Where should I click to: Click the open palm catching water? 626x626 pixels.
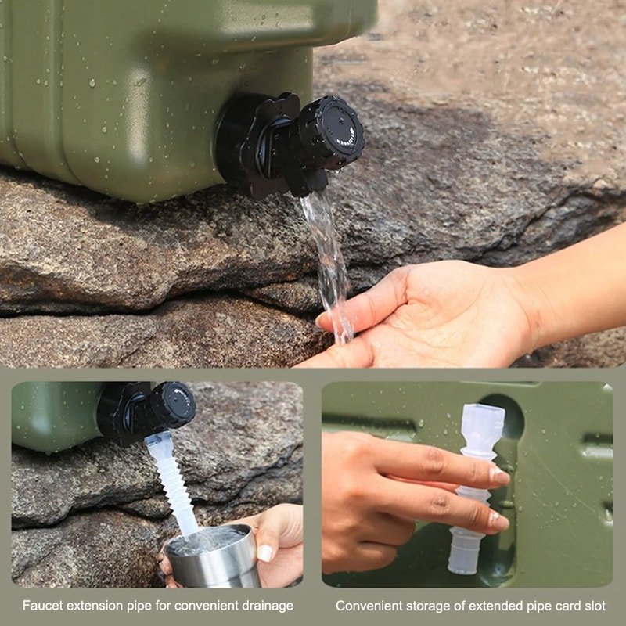[x=423, y=321]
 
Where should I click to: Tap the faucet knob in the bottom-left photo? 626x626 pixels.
[x=172, y=404]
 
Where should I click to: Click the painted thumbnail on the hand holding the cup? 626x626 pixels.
[x=264, y=553]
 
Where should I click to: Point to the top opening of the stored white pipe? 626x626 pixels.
[x=482, y=411]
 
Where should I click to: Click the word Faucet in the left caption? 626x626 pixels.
[x=40, y=606]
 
